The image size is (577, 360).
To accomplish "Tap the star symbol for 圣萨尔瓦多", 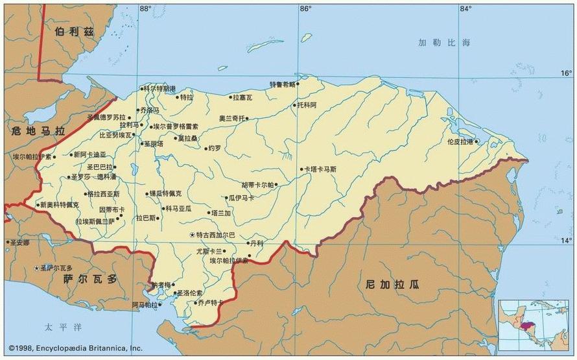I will point(36,267).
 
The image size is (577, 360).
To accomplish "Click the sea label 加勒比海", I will point(443,43).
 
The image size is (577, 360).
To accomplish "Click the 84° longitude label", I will point(465,8).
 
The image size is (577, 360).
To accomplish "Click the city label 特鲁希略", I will point(282,84).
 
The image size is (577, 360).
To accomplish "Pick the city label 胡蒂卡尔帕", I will point(258,185).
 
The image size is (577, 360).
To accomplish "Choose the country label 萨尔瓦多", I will point(91,278).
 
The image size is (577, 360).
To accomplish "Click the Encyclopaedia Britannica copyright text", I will point(75,348).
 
